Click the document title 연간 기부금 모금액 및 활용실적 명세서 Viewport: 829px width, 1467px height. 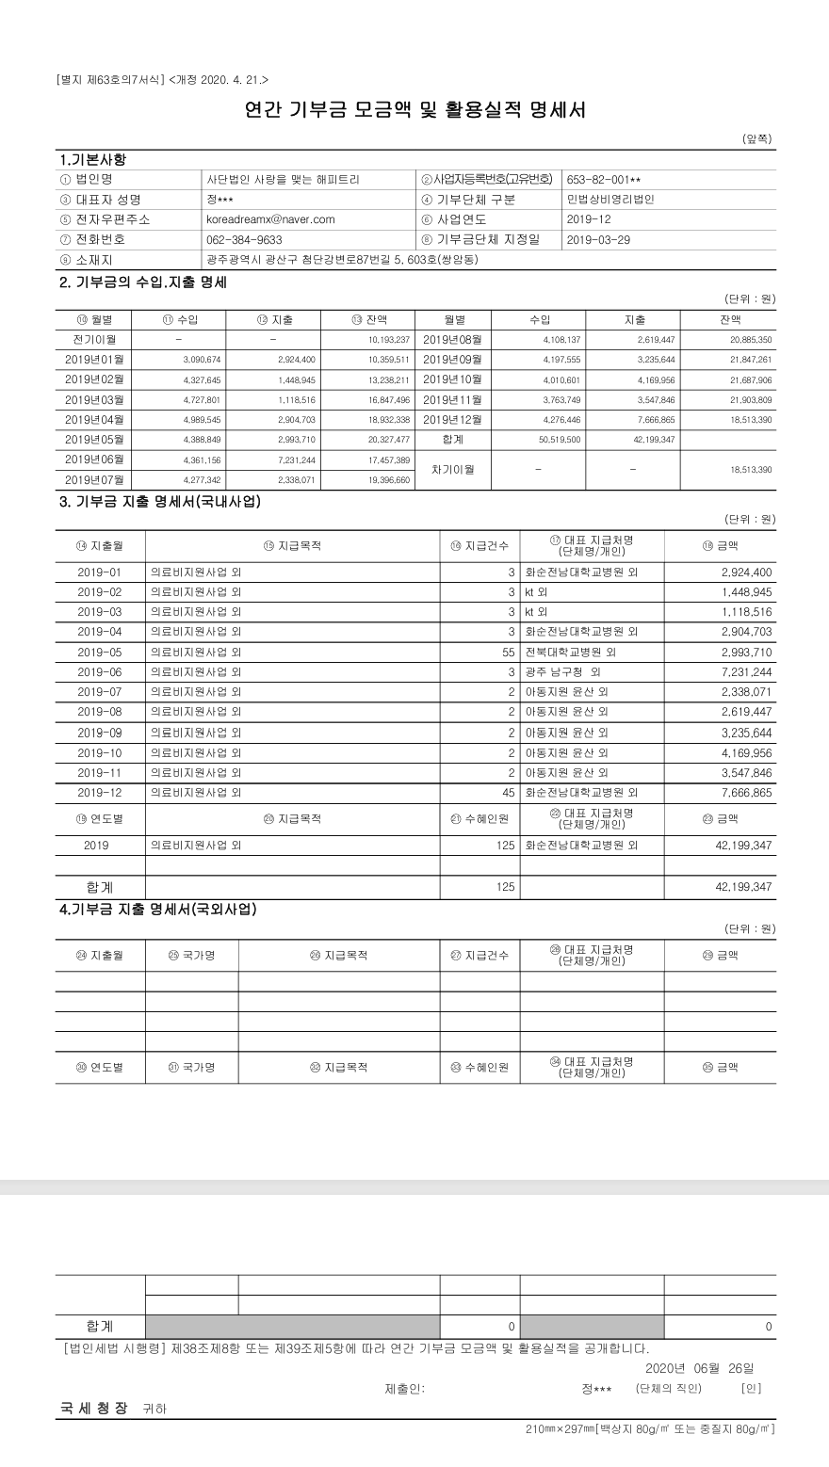[414, 110]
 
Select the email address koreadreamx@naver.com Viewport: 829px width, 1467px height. [270, 219]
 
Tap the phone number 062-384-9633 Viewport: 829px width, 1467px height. [243, 239]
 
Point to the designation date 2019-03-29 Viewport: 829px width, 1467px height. [599, 239]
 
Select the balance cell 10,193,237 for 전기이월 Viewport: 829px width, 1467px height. [388, 339]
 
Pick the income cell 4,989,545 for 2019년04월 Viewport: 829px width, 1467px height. [199, 419]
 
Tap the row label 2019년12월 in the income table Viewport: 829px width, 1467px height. [452, 419]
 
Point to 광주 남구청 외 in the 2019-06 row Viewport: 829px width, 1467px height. [561, 672]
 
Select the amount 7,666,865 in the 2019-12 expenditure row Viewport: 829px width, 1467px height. [746, 793]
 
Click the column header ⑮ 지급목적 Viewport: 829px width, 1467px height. [293, 544]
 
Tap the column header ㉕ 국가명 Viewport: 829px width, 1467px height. [191, 956]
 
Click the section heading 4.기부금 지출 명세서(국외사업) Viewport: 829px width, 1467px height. [157, 910]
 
